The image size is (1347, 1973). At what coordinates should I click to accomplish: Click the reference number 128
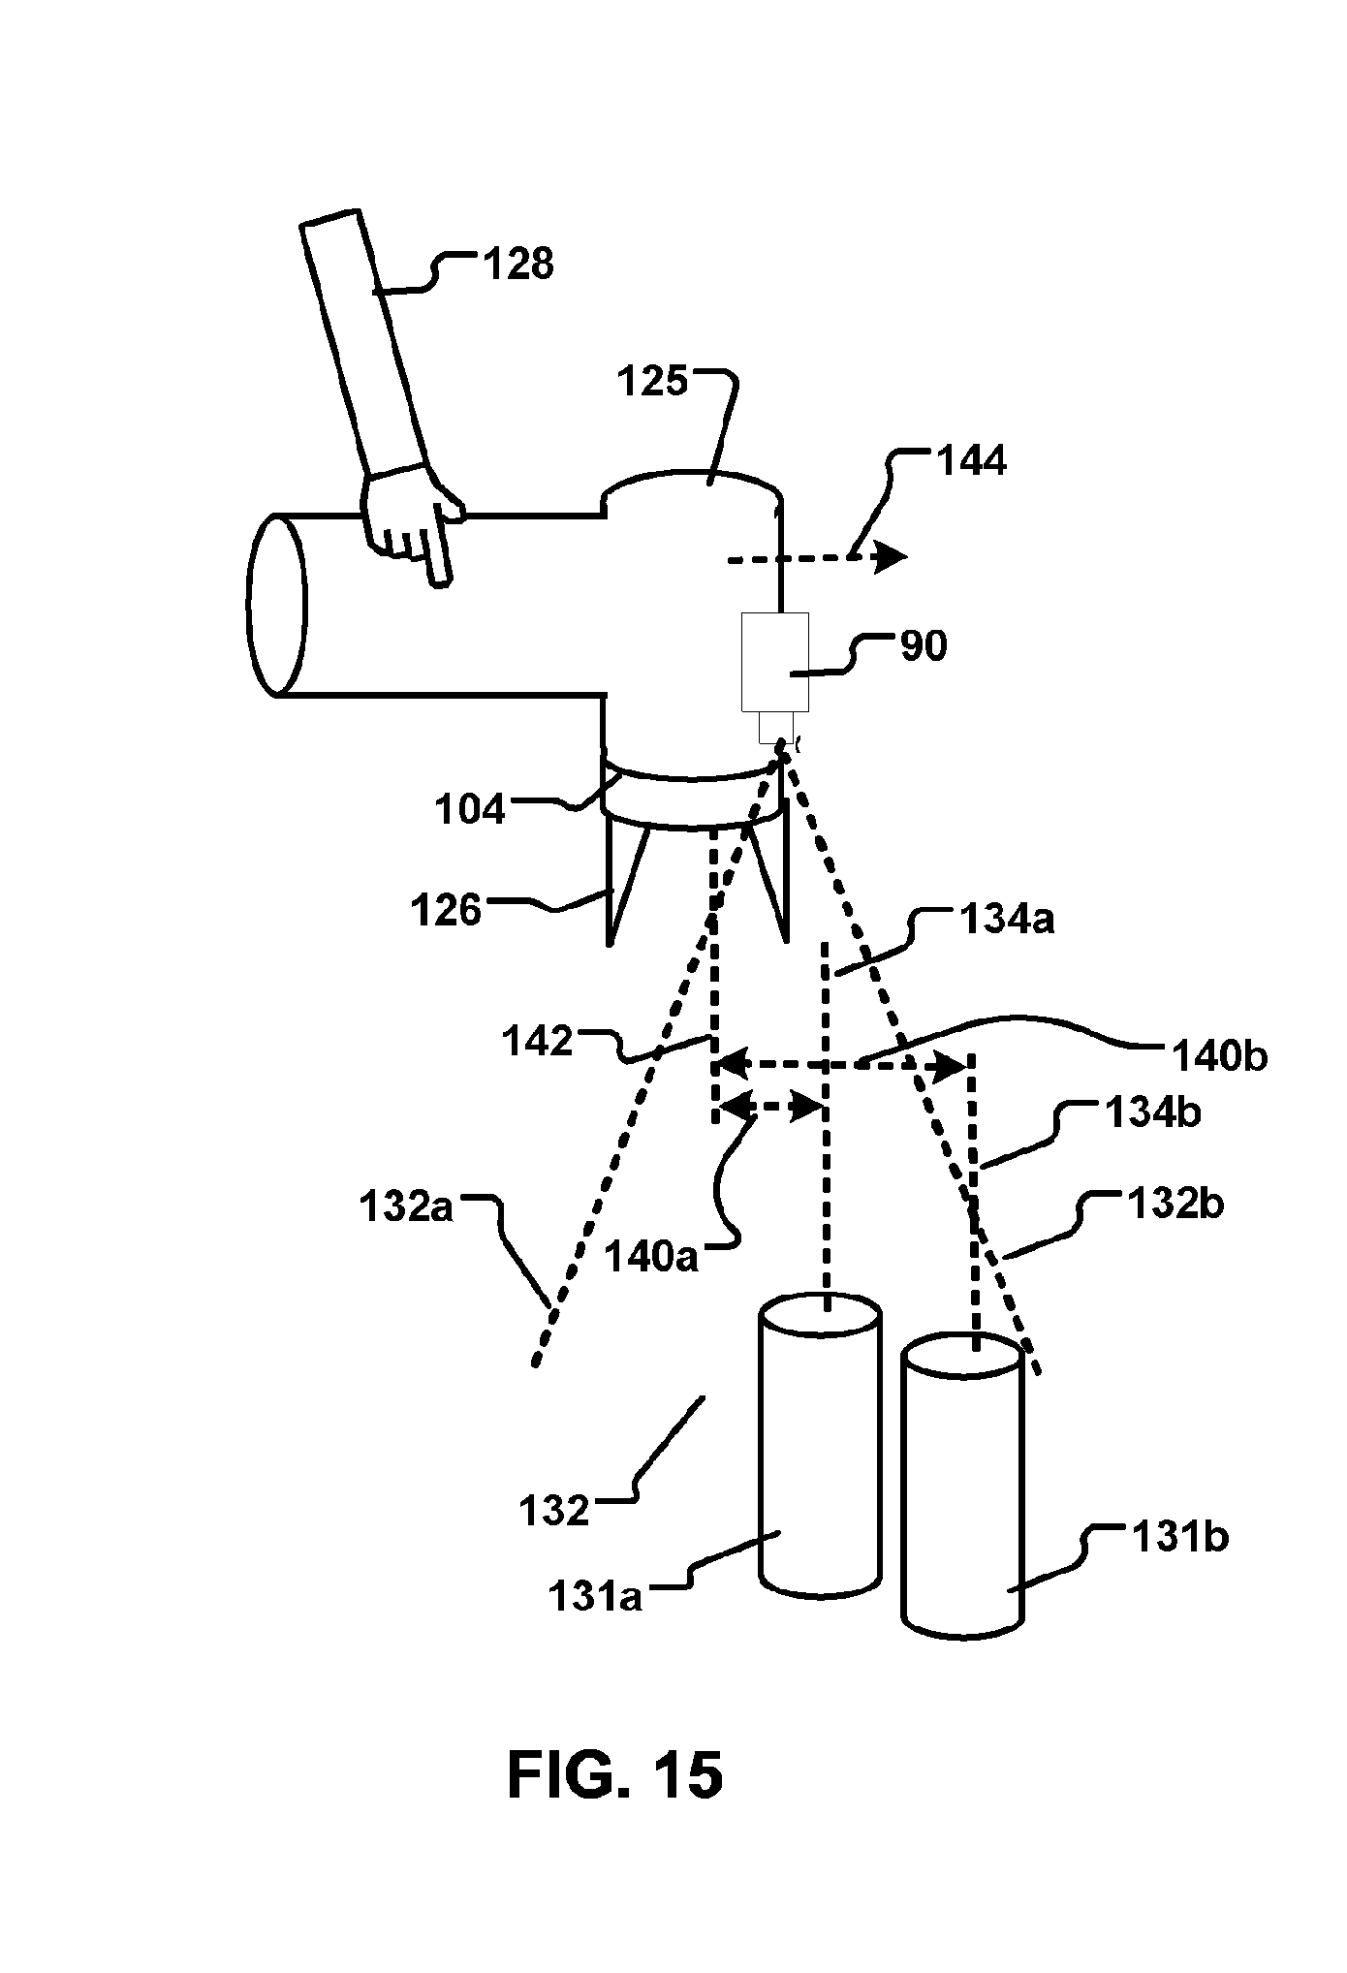coord(518,264)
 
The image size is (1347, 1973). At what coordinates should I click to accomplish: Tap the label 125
coord(653,382)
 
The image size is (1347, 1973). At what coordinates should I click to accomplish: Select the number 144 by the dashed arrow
coord(971,460)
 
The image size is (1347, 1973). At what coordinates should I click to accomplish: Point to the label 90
coord(924,645)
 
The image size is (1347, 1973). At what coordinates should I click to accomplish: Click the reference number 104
coord(470,809)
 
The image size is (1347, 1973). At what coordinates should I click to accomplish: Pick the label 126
coord(446,911)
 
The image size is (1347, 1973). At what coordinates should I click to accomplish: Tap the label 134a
coord(1007,919)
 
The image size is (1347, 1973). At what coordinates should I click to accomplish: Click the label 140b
coord(1219,1055)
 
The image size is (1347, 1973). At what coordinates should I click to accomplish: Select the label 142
coord(539,1042)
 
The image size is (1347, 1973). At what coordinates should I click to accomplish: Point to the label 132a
coord(406,1207)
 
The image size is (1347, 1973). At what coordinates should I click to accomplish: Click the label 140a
coord(651,1257)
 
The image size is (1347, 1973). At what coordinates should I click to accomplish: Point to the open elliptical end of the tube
coord(277,605)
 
